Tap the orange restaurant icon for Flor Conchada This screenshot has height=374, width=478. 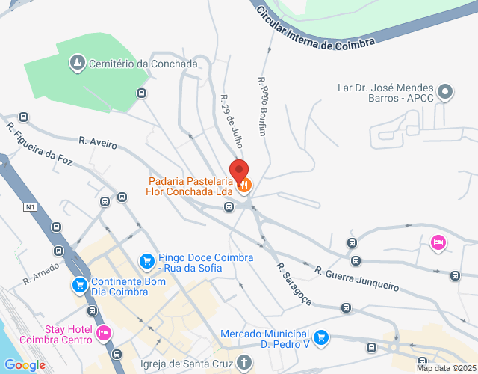(244, 184)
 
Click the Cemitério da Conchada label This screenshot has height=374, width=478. (143, 64)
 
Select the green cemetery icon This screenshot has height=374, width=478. (77, 62)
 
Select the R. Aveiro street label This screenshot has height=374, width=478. (98, 142)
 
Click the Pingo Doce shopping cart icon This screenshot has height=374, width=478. (146, 261)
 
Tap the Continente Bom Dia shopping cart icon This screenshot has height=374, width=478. (79, 284)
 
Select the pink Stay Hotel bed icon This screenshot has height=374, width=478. (104, 332)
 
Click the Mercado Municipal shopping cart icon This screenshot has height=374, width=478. (321, 337)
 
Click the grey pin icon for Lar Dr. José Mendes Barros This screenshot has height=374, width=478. (445, 93)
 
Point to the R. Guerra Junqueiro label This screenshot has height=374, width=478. (356, 278)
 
